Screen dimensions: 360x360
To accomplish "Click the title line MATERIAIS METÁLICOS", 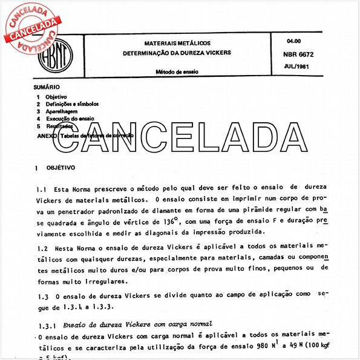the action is click(x=177, y=44).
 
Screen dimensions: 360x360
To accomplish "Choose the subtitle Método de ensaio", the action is click(x=177, y=72).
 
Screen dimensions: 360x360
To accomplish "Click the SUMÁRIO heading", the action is click(x=47, y=87).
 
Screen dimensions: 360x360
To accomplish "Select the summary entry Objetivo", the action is click(x=56, y=97).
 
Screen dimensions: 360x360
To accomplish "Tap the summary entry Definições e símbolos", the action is click(x=71, y=104).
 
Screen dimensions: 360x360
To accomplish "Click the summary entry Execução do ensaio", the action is click(x=70, y=119).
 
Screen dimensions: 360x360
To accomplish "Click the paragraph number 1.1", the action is click(x=41, y=189).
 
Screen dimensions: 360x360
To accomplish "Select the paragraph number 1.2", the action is click(x=41, y=249).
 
